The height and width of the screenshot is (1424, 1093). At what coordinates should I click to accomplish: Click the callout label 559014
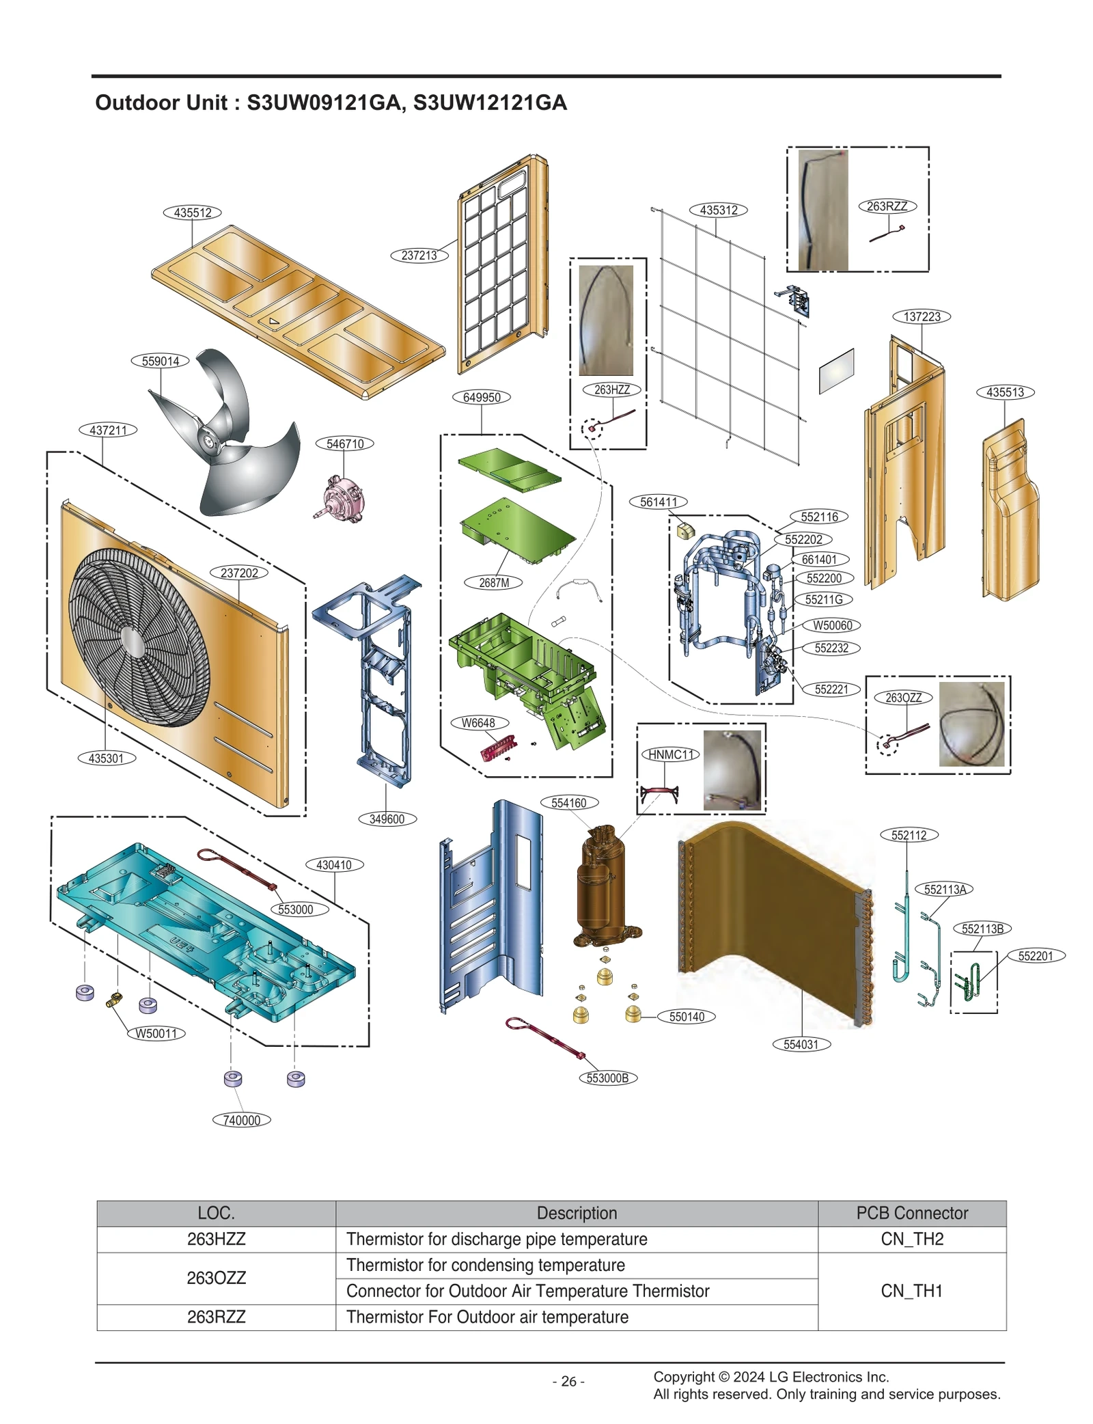pos(160,361)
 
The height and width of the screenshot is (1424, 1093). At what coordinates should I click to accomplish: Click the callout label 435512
pos(192,213)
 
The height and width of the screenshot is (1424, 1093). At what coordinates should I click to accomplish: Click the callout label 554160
pos(569,803)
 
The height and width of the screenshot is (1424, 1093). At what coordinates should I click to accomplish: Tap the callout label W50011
pos(156,1033)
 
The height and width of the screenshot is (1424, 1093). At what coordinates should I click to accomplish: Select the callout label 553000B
pos(607,1078)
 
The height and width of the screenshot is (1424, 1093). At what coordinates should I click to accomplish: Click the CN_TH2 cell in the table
pos(911,1239)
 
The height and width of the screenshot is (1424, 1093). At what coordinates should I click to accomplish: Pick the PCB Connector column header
pos(911,1213)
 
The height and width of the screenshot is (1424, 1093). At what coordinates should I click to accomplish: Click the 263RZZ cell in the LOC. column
pos(216,1317)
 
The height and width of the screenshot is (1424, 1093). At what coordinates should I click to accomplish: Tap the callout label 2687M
pos(493,583)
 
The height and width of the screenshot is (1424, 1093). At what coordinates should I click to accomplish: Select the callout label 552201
pos(1035,956)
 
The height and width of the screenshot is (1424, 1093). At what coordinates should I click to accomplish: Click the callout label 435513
pos(1005,392)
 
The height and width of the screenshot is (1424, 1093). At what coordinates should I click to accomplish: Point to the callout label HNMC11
pos(670,754)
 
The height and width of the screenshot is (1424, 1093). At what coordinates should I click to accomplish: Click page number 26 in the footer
pos(568,1382)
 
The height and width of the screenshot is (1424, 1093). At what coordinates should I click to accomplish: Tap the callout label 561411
pos(658,502)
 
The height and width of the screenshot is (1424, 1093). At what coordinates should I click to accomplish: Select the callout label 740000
pos(241,1120)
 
